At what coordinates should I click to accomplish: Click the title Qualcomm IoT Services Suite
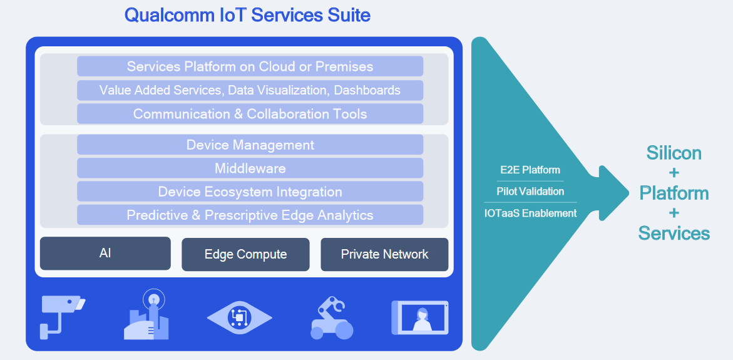pyautogui.click(x=247, y=15)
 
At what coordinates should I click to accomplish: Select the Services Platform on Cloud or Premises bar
pyautogui.click(x=250, y=66)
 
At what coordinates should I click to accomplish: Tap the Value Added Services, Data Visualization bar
pyautogui.click(x=250, y=90)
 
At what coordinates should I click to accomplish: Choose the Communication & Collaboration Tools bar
pyautogui.click(x=250, y=114)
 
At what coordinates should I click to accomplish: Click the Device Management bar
pyautogui.click(x=250, y=145)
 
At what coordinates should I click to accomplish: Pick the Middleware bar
pyautogui.click(x=250, y=168)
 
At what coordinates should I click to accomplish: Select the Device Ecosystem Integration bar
pyautogui.click(x=250, y=192)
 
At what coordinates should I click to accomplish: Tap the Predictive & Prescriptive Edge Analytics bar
pyautogui.click(x=250, y=215)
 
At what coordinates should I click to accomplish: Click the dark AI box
pyautogui.click(x=105, y=254)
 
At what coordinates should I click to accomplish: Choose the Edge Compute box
pyautogui.click(x=245, y=254)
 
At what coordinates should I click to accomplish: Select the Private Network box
pyautogui.click(x=384, y=254)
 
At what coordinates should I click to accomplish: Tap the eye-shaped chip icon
pyautogui.click(x=239, y=318)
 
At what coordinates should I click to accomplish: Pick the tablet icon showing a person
pyautogui.click(x=420, y=316)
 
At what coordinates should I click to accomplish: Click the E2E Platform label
pyautogui.click(x=530, y=170)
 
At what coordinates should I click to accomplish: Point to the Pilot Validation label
pyautogui.click(x=530, y=191)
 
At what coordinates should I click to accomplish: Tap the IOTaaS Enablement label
pyautogui.click(x=530, y=213)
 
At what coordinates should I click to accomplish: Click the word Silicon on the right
pyautogui.click(x=674, y=153)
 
